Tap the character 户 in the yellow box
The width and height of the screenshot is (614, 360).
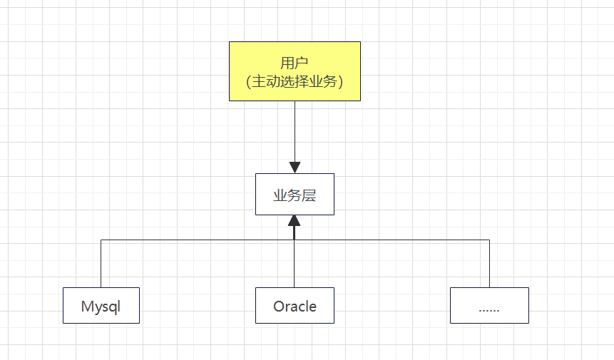pos(302,63)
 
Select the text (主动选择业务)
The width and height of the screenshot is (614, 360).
pos(295,82)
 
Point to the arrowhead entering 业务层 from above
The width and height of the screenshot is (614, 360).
pos(295,165)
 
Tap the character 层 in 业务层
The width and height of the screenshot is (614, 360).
pos(309,195)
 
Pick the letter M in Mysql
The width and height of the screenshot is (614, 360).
pos(88,307)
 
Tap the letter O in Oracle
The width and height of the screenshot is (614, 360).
pos(280,307)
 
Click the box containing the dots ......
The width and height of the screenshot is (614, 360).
pos(489,305)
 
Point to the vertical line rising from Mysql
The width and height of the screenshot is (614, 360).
pos(101,264)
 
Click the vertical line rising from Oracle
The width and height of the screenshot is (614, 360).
pos(295,264)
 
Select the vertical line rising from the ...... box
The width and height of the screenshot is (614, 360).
pos(490,264)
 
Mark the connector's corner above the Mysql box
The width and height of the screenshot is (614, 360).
pos(101,240)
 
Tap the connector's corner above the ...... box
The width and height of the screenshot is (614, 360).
pos(490,240)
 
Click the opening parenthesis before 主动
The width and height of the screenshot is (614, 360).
pos(248,82)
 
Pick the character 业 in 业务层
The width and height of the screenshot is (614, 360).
pos(280,195)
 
